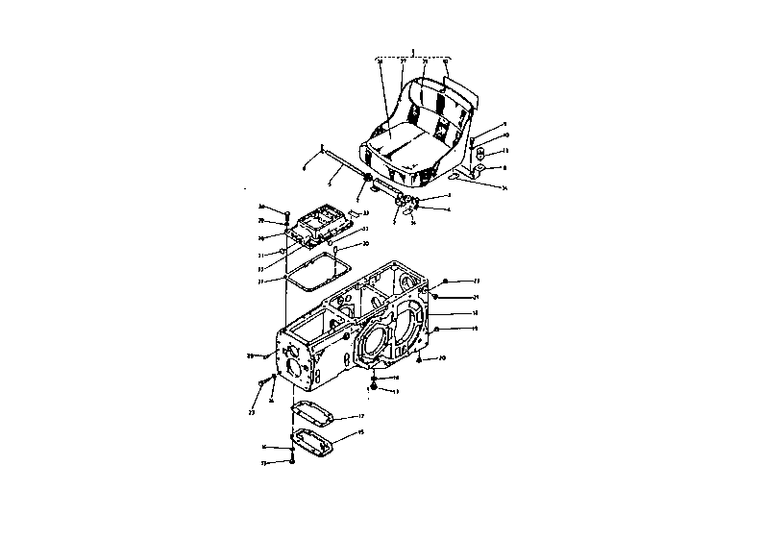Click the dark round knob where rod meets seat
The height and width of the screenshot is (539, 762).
(x=369, y=180)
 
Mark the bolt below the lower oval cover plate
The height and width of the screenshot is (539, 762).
(x=291, y=462)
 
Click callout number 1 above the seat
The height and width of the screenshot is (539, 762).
(x=411, y=49)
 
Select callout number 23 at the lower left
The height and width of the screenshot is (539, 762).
(x=252, y=413)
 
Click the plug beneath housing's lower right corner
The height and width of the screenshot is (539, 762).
(x=419, y=360)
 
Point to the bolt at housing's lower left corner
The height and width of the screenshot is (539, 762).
(x=261, y=382)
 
